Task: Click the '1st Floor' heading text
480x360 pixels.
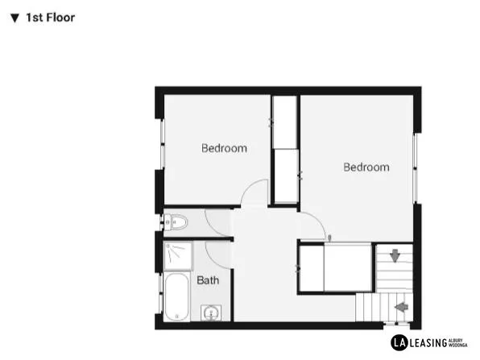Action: (51, 17)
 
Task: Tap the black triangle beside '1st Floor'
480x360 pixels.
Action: (14, 17)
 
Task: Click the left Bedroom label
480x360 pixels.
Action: (224, 148)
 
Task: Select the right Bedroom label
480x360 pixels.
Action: (366, 168)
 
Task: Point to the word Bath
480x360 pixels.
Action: (208, 280)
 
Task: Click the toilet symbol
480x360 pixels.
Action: (177, 222)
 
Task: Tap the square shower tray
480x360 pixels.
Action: (178, 256)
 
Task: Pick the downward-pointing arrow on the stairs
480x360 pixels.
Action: (395, 256)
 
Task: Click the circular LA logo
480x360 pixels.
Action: (397, 341)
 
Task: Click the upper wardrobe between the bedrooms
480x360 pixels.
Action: (284, 122)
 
